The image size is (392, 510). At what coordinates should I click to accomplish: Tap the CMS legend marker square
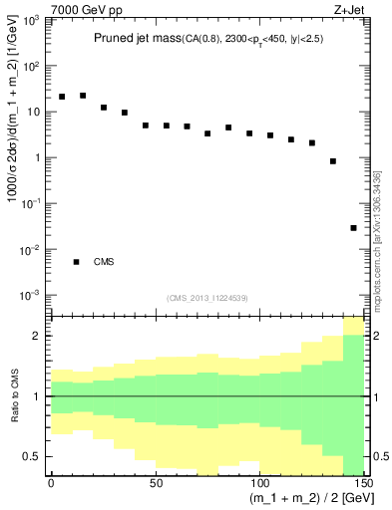point(76,262)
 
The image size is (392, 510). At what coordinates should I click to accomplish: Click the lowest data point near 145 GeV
point(354,228)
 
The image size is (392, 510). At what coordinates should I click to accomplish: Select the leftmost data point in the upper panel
point(62,97)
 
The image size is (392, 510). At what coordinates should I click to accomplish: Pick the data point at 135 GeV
point(333,160)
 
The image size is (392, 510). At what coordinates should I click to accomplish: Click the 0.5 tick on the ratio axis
point(33,457)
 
